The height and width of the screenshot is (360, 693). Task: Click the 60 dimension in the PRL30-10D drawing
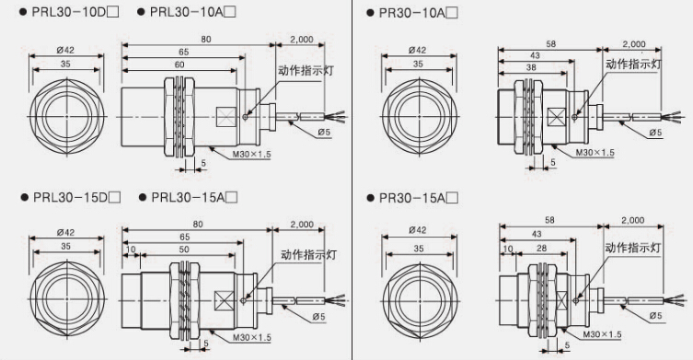pyautogui.click(x=179, y=64)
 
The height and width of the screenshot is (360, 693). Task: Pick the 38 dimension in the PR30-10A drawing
pyautogui.click(x=532, y=67)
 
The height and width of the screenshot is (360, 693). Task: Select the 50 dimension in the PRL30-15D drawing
pyautogui.click(x=184, y=250)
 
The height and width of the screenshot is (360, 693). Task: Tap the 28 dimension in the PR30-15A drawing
pyautogui.click(x=542, y=249)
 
